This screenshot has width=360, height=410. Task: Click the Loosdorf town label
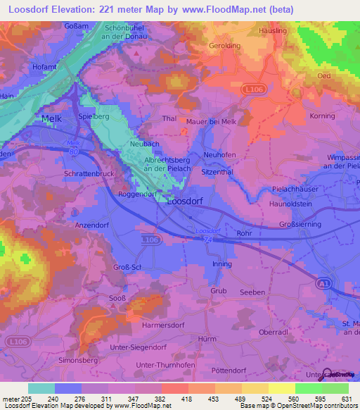click(189, 200)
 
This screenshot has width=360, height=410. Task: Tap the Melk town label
click(51, 119)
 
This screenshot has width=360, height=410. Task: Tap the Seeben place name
click(252, 292)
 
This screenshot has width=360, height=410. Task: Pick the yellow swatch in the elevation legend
click(281, 388)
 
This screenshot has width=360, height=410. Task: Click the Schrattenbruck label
click(89, 173)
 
